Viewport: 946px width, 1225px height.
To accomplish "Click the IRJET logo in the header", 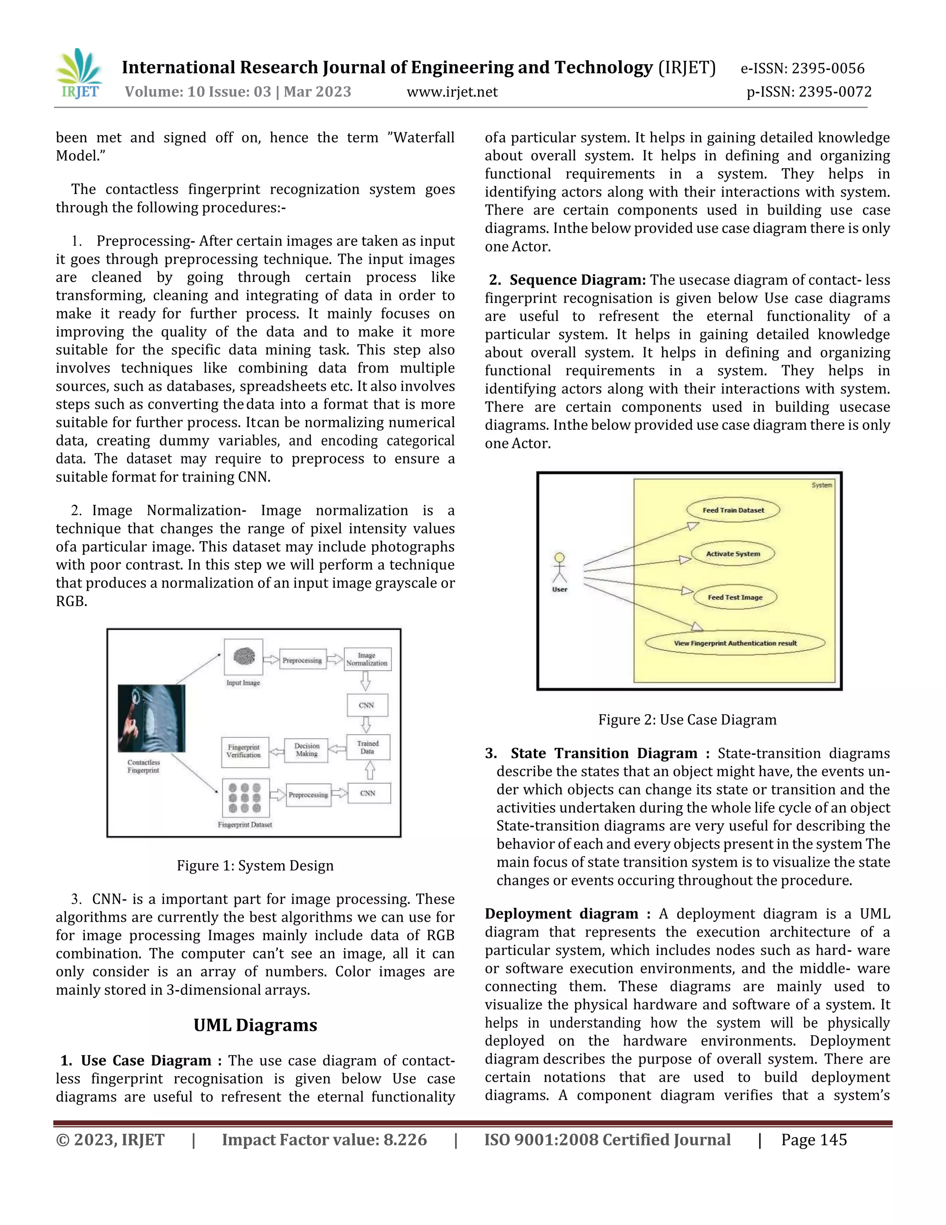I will click(79, 74).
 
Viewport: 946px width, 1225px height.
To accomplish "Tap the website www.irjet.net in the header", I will click(452, 92).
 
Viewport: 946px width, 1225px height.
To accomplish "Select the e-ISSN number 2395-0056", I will click(802, 68).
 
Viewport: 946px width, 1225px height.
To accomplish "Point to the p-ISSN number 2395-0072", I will click(809, 92).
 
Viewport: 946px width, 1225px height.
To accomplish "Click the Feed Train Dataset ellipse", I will click(733, 510).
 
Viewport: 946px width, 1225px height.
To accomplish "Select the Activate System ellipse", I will click(733, 554).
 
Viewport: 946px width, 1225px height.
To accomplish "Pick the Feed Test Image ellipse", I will click(735, 597).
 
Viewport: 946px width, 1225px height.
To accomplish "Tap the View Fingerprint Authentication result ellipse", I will click(735, 643).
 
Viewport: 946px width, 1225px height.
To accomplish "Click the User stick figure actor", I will click(559, 570).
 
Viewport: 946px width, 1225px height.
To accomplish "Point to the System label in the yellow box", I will click(822, 485).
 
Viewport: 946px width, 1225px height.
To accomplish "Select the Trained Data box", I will click(368, 747).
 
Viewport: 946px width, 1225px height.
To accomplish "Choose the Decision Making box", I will click(307, 750).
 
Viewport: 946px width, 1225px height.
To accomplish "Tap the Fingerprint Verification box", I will click(244, 752).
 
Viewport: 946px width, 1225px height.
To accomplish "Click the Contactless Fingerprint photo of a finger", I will click(152, 718).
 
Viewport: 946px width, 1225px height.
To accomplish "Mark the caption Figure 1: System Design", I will click(255, 866).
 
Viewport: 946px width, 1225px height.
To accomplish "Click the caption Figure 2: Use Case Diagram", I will click(687, 720).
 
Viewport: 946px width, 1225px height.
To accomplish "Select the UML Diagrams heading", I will click(255, 1025).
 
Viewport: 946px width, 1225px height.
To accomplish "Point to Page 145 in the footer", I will click(814, 1140).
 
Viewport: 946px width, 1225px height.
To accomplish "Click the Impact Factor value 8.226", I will click(324, 1140).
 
